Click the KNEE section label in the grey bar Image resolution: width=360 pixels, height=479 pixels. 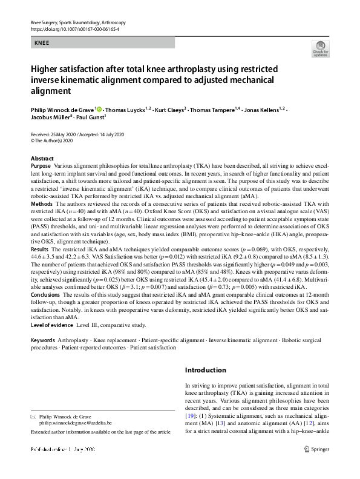coord(42,43)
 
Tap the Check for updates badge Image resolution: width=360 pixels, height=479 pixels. coord(320,48)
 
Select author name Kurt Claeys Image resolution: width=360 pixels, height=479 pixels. coord(168,110)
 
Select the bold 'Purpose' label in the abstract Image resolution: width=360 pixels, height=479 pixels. coord(41,165)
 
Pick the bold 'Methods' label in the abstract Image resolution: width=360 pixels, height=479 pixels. coord(41,205)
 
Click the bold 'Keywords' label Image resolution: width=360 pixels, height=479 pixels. coord(43,340)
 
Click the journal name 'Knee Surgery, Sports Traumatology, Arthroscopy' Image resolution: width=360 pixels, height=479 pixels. coord(78,22)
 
